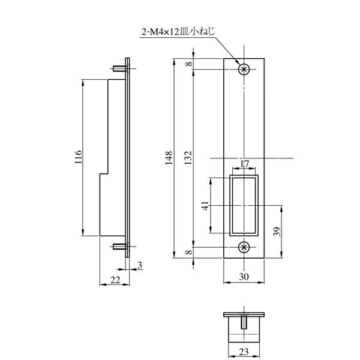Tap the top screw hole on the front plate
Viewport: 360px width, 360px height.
coord(244,70)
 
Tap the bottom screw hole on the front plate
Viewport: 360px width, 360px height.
coord(244,247)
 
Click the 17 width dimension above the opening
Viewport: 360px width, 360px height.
coord(244,164)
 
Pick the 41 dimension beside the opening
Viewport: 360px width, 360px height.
coord(205,205)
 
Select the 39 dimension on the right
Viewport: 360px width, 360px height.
coord(277,232)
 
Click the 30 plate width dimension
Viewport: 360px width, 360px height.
coord(244,277)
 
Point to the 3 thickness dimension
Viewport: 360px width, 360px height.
coord(139,265)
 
